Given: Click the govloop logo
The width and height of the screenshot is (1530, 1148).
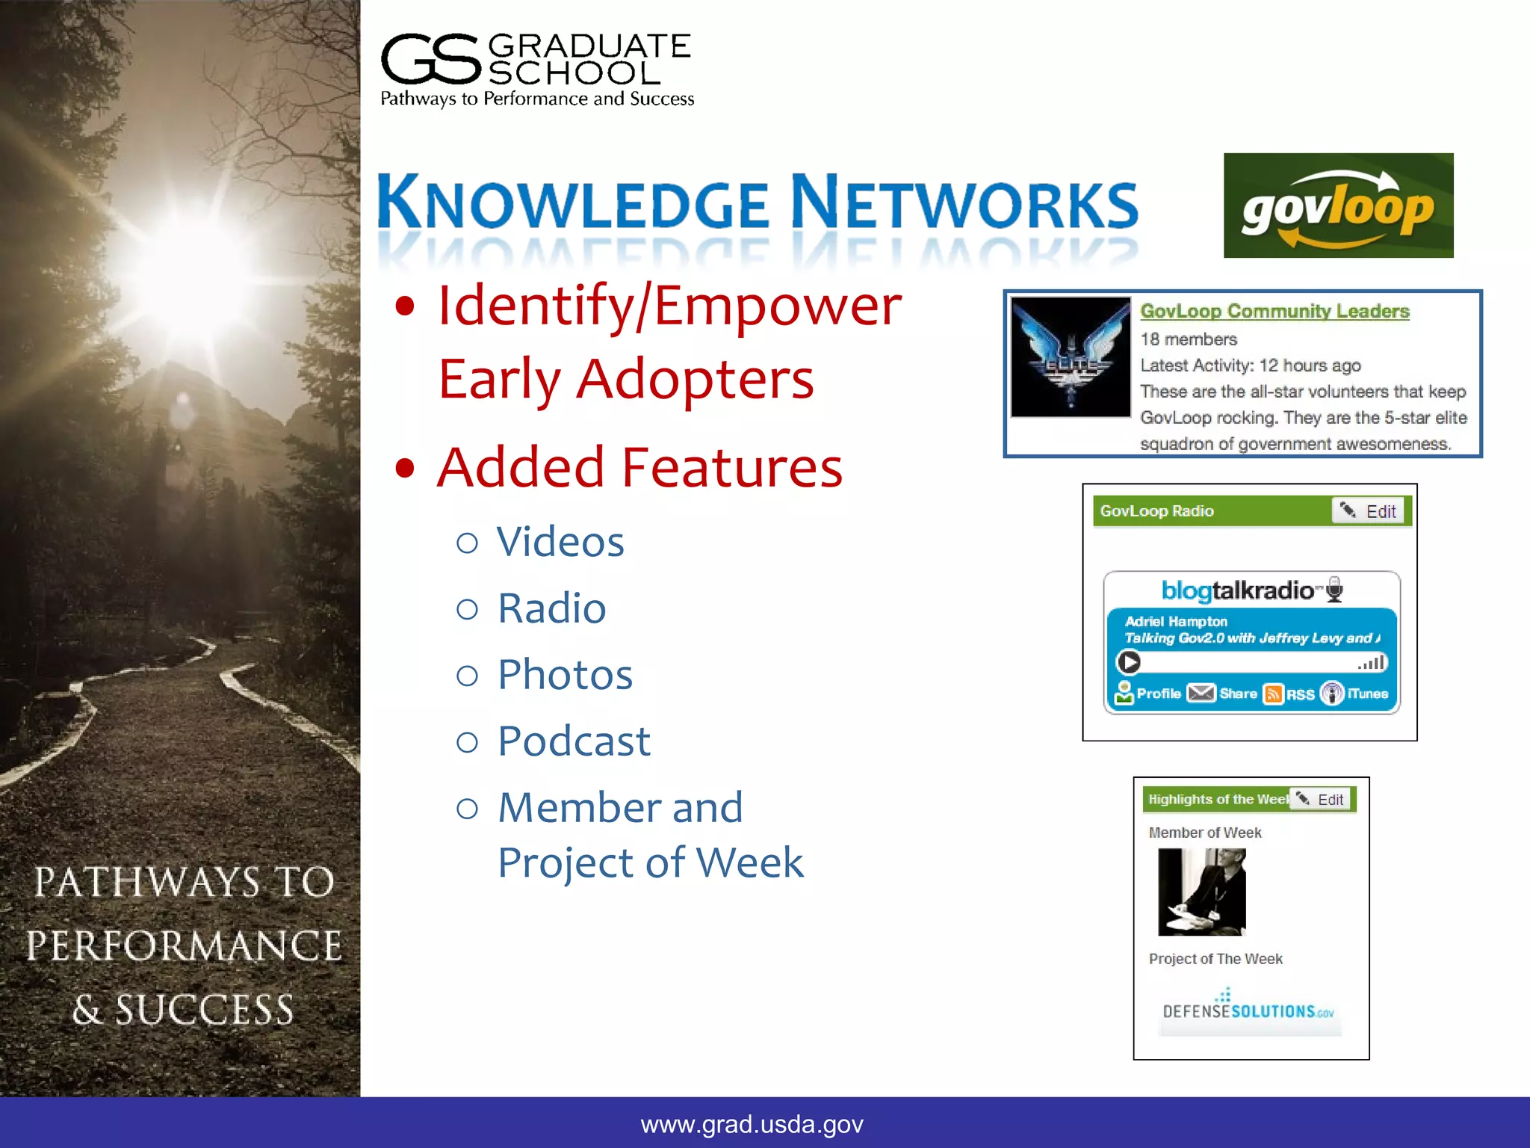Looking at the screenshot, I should [x=1337, y=206].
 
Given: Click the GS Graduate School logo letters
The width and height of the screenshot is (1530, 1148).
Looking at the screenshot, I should [x=430, y=60].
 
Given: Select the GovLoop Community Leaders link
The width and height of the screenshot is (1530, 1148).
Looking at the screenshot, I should [x=1275, y=311].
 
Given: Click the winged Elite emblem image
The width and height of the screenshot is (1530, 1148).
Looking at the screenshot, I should [x=1070, y=357].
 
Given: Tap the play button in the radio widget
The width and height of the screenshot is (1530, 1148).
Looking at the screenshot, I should [x=1129, y=662].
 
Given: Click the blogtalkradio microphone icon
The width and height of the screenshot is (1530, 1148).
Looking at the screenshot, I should [x=1334, y=590].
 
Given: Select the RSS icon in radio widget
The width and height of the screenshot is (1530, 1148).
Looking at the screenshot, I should [x=1273, y=694].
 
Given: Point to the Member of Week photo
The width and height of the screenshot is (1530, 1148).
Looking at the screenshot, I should [x=1201, y=892].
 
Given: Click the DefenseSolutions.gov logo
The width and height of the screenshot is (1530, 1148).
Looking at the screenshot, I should [x=1248, y=1011].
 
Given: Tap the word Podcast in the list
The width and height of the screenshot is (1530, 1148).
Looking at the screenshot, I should [x=574, y=741].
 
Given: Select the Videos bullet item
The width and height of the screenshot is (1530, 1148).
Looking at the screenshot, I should [x=560, y=541].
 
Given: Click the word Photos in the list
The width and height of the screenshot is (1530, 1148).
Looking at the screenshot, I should [x=565, y=675].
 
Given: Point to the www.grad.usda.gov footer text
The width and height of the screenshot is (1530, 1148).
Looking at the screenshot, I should [x=752, y=1124].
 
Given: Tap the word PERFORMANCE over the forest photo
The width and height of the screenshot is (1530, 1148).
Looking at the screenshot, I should [x=184, y=946].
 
